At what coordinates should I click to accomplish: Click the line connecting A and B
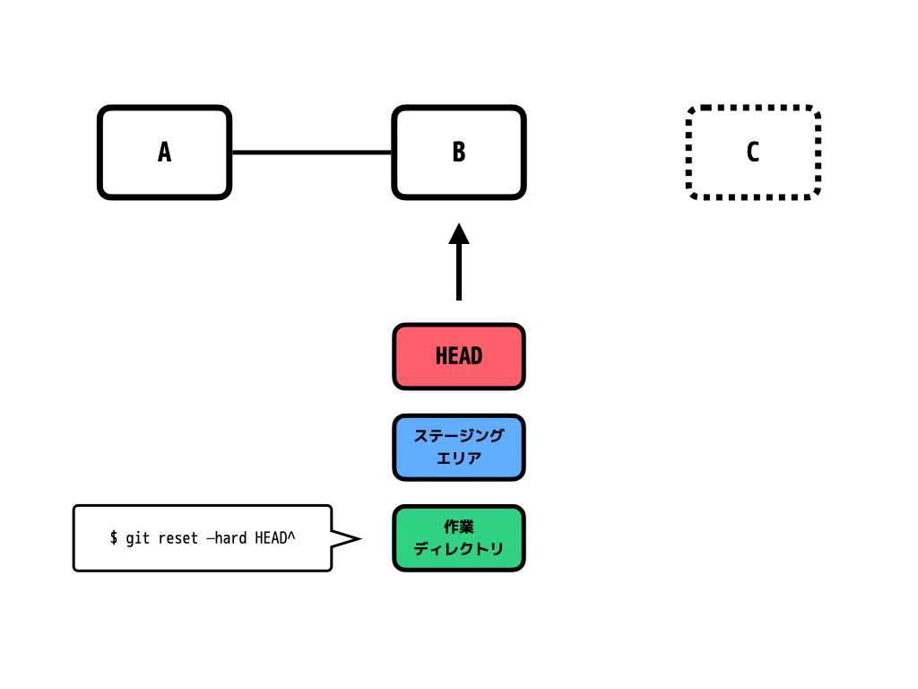pos(312,153)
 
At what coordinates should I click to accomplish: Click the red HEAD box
pos(459,356)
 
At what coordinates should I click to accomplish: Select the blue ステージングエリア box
pos(459,448)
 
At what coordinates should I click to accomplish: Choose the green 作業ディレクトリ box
pos(459,538)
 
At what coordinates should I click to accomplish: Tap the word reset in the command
pos(178,538)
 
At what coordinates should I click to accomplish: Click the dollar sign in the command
pos(114,537)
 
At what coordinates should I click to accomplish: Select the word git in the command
pos(137,538)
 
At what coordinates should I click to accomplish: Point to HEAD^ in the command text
pos(275,537)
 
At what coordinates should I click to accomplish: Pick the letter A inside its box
pos(165,153)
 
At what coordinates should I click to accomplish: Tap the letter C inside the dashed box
pos(753,152)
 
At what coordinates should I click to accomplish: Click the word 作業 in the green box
pos(459,527)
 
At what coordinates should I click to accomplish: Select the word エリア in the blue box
pos(459,458)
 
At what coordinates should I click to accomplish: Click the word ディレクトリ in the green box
pos(459,549)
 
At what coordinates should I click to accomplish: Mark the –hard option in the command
pos(227,537)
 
